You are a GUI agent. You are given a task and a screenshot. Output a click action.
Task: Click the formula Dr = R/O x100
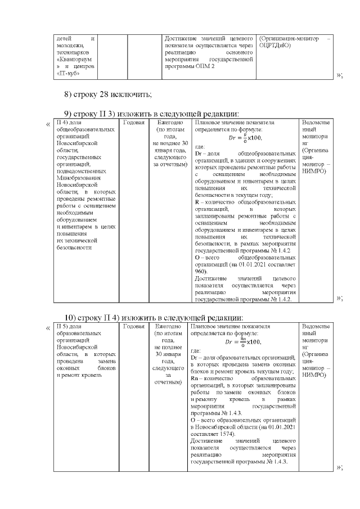[x=245, y=137]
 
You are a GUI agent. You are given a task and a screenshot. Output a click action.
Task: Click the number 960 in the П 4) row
[x=201, y=271]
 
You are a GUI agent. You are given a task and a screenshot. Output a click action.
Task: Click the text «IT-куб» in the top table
[x=68, y=73]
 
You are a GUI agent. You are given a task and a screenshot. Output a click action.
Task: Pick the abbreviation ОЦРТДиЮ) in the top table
[x=276, y=45]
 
